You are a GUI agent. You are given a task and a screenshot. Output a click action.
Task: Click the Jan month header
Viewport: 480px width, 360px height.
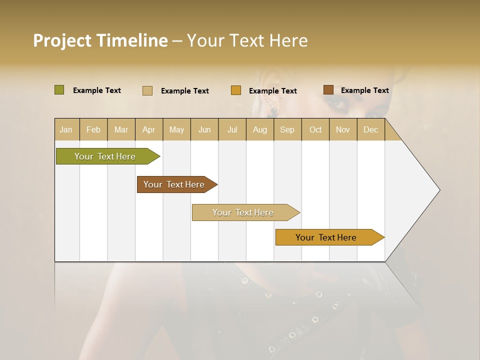[x=66, y=130]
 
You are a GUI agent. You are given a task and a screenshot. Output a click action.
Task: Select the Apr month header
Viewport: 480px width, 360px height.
[x=149, y=130]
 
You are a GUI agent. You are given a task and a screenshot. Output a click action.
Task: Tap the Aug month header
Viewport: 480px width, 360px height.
[x=260, y=130]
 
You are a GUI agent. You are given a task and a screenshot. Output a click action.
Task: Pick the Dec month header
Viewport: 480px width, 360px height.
[x=371, y=130]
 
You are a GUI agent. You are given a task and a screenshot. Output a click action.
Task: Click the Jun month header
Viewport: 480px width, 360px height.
[x=204, y=130]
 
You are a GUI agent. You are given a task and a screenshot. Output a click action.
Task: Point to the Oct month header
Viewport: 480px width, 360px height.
[x=315, y=130]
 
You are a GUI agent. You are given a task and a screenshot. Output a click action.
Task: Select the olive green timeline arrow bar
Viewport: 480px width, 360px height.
[x=105, y=156]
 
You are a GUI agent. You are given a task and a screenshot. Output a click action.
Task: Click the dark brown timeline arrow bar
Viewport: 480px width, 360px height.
[x=174, y=184]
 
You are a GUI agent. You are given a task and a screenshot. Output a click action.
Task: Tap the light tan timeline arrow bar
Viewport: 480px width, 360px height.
[x=243, y=212]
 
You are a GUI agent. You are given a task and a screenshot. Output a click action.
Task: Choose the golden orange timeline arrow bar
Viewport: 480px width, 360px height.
[x=326, y=237]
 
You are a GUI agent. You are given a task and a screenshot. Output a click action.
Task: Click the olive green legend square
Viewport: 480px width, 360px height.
[x=59, y=90]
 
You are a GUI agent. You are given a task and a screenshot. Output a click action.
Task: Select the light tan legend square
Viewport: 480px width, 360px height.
[x=147, y=90]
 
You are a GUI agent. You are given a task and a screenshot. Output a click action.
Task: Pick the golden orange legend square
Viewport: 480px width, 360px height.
[x=236, y=90]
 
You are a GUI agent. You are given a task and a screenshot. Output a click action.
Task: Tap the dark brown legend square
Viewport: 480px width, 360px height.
[x=328, y=90]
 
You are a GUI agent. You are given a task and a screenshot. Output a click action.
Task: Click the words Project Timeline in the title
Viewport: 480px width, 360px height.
[x=100, y=40]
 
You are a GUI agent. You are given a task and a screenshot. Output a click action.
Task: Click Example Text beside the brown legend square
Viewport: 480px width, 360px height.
[x=364, y=90]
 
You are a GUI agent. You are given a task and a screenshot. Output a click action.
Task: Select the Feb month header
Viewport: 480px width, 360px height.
[x=93, y=130]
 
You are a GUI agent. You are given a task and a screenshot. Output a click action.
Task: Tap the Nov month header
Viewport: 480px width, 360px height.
[x=343, y=130]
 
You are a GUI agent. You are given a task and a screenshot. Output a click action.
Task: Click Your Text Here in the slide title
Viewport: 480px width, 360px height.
[x=247, y=40]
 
